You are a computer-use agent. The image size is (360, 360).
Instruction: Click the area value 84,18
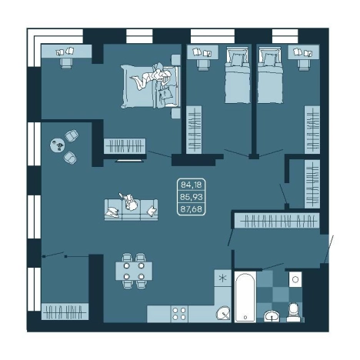tap(192, 185)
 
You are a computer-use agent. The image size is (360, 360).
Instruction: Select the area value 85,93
tap(192, 197)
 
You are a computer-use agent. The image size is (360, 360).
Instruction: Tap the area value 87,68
tap(192, 209)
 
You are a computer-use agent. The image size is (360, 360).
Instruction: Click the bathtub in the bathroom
tap(245, 297)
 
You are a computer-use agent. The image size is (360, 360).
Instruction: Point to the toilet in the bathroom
tap(293, 312)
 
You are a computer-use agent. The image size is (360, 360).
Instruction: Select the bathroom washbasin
tap(272, 315)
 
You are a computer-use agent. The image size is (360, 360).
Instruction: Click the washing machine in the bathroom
tap(295, 279)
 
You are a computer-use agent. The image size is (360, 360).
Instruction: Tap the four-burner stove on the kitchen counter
tap(179, 314)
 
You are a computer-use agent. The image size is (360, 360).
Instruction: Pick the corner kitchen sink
tap(223, 313)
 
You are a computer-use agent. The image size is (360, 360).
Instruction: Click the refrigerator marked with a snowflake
tap(222, 278)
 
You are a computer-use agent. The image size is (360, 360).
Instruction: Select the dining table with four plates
tap(134, 271)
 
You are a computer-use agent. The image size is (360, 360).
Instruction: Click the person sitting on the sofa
tap(131, 202)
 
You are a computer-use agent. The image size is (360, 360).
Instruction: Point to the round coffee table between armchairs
tap(58, 145)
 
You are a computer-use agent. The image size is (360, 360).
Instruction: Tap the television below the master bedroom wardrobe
tap(130, 161)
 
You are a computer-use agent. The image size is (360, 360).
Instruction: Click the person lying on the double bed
tap(152, 78)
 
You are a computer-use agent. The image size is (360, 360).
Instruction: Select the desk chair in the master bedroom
tap(66, 63)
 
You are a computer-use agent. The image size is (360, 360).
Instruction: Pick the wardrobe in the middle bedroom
tap(194, 130)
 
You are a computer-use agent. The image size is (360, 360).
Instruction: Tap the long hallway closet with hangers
tap(277, 221)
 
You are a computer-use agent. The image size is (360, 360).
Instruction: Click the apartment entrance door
tap(329, 249)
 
